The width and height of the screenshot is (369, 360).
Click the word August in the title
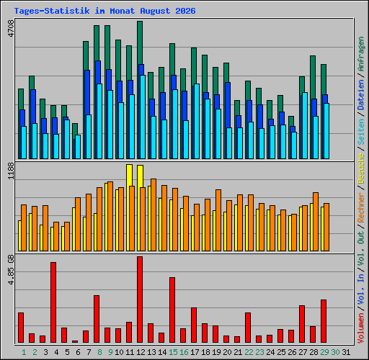155,11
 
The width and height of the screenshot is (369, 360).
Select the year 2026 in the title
185,11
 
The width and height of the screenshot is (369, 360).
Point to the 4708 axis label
11,29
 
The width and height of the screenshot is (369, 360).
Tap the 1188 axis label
11,171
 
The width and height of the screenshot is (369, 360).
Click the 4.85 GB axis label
11,270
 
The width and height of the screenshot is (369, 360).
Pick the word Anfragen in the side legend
361,54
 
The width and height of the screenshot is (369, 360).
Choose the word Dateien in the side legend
361,95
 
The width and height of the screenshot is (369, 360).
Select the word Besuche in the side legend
361,168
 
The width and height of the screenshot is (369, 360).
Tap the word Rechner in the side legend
361,207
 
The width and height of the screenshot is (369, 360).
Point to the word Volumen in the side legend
361,328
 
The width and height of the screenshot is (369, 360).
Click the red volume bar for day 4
53,302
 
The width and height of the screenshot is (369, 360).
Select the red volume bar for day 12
140,300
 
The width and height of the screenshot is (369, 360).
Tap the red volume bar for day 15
172,310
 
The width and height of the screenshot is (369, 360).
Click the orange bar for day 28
316,222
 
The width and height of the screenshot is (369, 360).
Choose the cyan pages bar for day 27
305,125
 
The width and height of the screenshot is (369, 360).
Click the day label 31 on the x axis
346,352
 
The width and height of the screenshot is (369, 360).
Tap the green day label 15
173,352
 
